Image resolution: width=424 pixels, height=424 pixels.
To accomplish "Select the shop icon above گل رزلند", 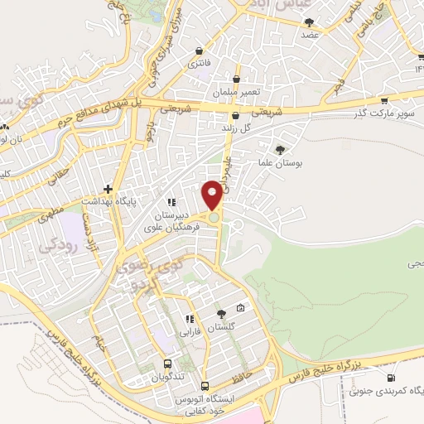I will [236, 116].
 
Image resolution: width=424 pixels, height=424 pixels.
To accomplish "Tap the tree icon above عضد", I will [311, 24].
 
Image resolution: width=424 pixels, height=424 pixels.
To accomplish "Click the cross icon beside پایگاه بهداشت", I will [108, 189].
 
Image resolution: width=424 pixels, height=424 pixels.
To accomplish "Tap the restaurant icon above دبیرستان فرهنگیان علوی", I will [171, 201].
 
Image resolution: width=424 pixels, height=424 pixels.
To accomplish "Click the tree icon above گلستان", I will [220, 314].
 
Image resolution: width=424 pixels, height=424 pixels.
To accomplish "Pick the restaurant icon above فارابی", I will [190, 318].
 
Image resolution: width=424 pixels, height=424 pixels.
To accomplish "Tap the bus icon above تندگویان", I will [168, 364].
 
